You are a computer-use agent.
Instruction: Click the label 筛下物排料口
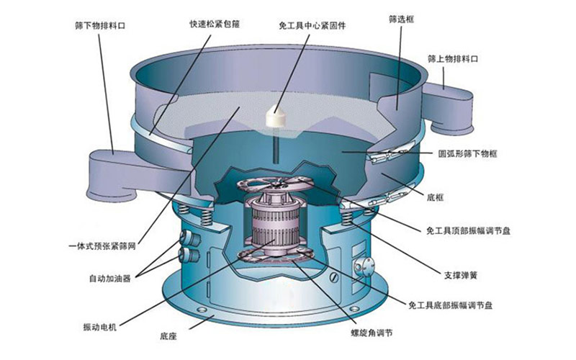(100, 26)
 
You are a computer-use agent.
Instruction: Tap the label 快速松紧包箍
(215, 24)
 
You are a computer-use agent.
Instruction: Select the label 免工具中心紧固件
(312, 26)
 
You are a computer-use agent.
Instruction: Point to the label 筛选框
(401, 19)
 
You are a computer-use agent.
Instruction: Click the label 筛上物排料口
(453, 59)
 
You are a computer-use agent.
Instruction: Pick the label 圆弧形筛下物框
(467, 153)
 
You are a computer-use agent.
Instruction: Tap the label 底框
(436, 197)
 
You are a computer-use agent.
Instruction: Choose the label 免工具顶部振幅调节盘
(469, 230)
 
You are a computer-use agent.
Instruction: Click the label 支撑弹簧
(461, 275)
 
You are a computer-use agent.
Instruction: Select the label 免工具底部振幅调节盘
(451, 305)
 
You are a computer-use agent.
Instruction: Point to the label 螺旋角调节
(372, 333)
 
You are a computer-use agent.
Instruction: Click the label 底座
(168, 336)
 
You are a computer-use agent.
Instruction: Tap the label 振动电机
(100, 327)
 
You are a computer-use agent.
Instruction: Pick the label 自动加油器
(110, 279)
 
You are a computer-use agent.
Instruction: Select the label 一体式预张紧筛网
(102, 246)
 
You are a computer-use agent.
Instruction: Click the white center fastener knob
(276, 117)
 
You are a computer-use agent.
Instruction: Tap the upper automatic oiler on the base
(190, 238)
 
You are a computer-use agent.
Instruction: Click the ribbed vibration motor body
(275, 221)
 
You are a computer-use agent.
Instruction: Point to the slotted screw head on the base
(335, 278)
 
